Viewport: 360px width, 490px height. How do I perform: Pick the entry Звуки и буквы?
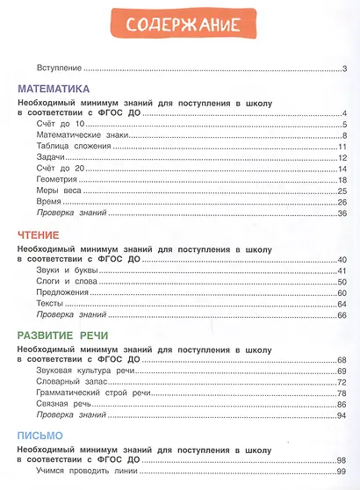[x=68, y=270]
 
